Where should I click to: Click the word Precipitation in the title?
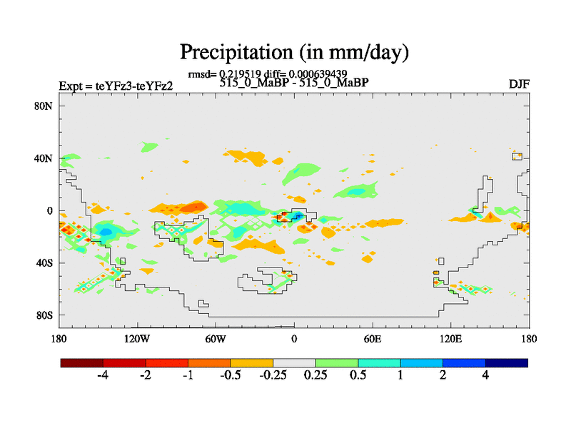226,52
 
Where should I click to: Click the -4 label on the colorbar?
102,375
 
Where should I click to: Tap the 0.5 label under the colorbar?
358,375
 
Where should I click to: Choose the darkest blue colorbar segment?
507,362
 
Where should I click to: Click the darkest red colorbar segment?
82,362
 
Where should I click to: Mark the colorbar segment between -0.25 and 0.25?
294,362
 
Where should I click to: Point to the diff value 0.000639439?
318,73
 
